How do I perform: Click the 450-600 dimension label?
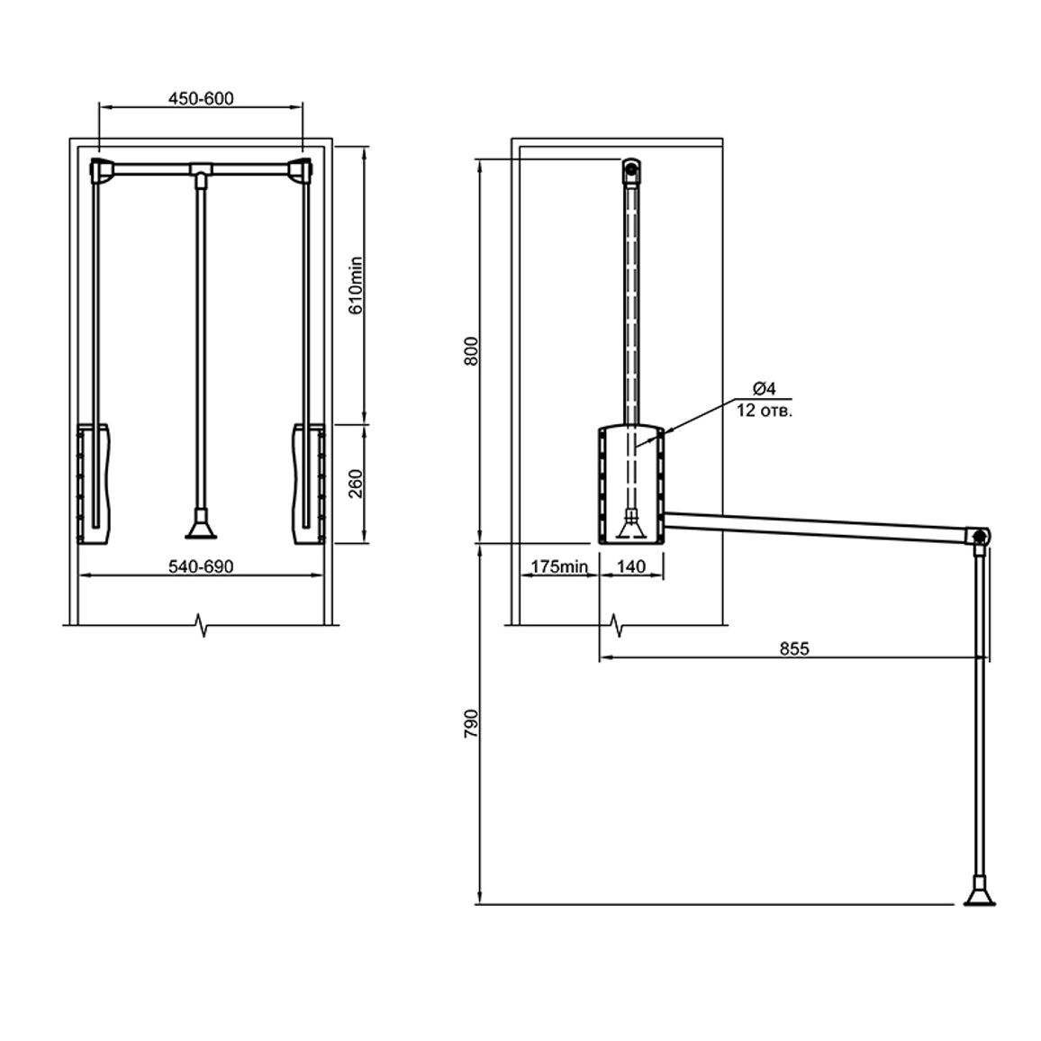tap(201, 98)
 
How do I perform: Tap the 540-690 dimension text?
tap(201, 566)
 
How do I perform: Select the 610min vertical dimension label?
tap(356, 285)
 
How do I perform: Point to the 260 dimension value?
tap(356, 484)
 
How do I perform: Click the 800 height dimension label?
tap(471, 351)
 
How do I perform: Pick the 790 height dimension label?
tap(471, 724)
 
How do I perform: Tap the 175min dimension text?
tap(559, 566)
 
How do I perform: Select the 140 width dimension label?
tap(630, 566)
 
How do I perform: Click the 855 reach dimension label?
tap(794, 648)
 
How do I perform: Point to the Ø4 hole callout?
tap(765, 388)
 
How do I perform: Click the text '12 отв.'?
tap(765, 411)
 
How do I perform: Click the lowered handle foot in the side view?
tap(979, 891)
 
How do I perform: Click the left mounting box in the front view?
tap(95, 484)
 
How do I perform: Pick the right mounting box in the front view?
tap(308, 484)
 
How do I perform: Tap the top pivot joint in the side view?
tap(630, 170)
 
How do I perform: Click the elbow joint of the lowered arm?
tap(977, 536)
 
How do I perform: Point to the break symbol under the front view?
tap(203, 625)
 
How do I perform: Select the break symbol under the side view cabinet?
tap(619, 625)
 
